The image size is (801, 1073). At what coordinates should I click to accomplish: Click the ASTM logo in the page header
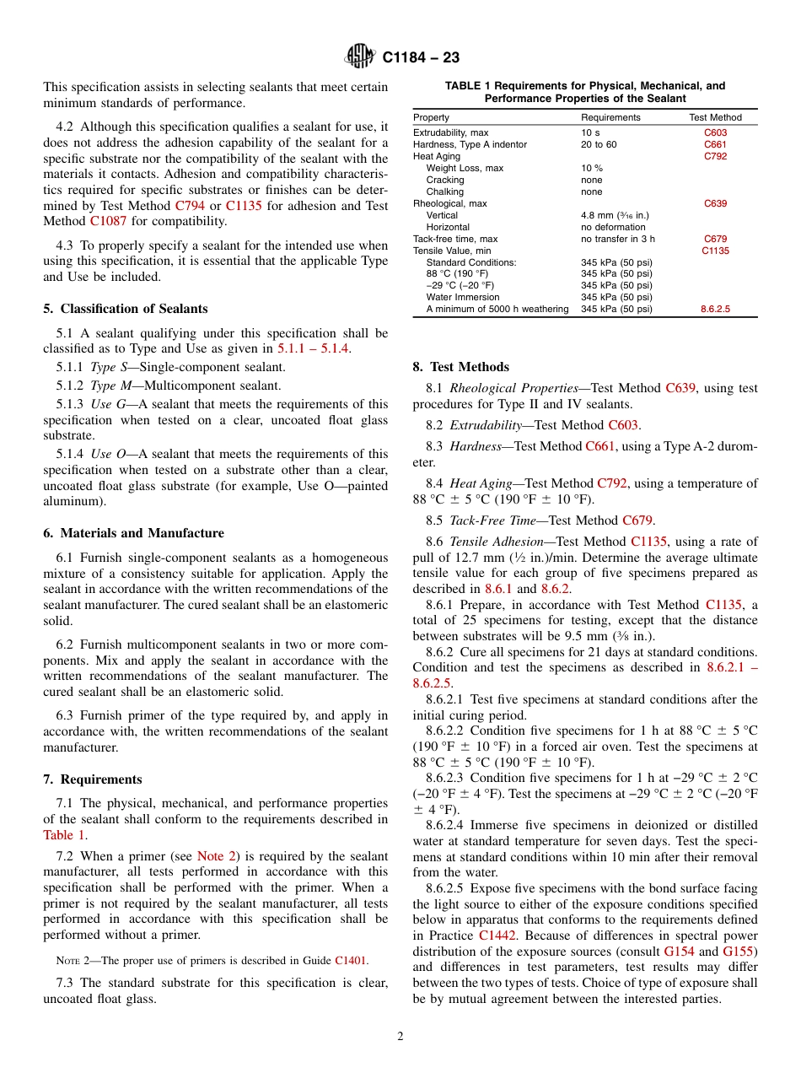click(360, 57)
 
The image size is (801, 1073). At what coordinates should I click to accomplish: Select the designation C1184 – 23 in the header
click(421, 57)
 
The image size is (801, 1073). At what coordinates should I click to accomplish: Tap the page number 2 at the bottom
click(400, 1036)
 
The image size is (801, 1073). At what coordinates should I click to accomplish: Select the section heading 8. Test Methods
click(461, 367)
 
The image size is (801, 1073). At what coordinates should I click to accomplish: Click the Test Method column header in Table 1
click(715, 117)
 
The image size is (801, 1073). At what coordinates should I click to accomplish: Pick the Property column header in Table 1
click(431, 117)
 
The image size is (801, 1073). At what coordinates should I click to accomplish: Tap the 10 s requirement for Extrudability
click(590, 132)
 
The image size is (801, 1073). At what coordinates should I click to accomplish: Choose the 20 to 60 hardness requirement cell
click(599, 144)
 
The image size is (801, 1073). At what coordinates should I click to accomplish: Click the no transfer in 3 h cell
click(617, 239)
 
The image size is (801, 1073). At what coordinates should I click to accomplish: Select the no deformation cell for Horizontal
click(613, 227)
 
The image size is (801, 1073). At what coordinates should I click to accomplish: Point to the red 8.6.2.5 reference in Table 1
click(715, 310)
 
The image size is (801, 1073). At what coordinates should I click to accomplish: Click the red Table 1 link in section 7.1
click(64, 835)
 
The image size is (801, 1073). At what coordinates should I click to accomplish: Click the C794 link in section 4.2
click(191, 205)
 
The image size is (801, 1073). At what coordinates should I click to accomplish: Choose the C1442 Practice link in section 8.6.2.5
click(497, 936)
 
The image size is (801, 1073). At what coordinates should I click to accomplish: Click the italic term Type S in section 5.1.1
click(105, 367)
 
